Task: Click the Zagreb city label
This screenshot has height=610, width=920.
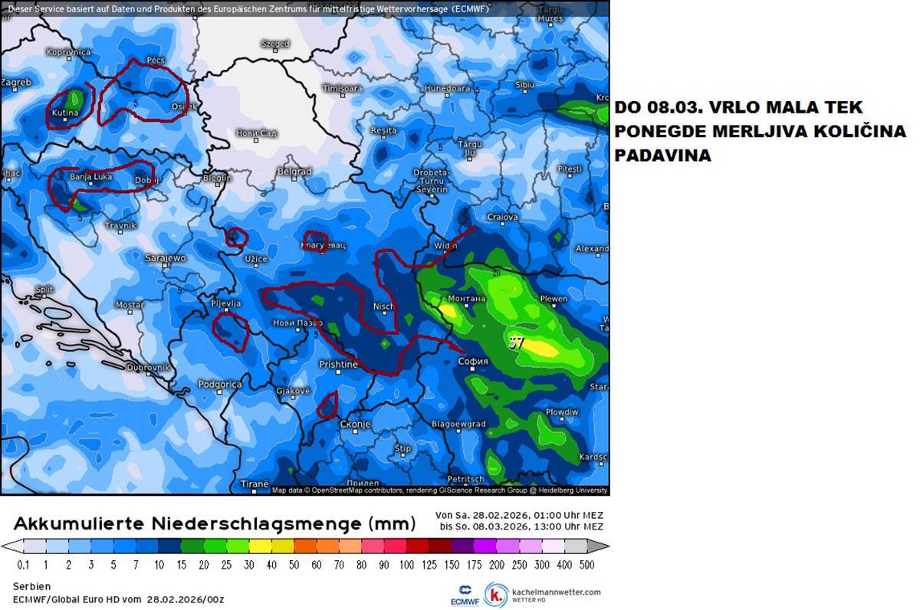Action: tap(17, 82)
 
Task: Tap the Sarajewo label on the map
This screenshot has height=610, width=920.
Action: tap(166, 258)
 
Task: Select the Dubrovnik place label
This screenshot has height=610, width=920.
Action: tap(148, 367)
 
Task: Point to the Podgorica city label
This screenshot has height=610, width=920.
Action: tap(220, 385)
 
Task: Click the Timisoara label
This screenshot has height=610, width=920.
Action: tap(342, 89)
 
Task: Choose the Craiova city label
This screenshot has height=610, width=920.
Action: tap(503, 218)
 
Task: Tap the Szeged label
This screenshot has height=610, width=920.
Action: tap(274, 44)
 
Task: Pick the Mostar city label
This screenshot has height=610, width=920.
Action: tap(130, 305)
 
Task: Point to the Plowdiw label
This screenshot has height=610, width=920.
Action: tap(562, 412)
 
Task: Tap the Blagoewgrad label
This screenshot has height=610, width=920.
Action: tap(458, 424)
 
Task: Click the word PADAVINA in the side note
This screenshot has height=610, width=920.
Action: tap(662, 155)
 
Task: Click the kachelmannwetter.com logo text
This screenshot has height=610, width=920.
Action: tap(557, 592)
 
